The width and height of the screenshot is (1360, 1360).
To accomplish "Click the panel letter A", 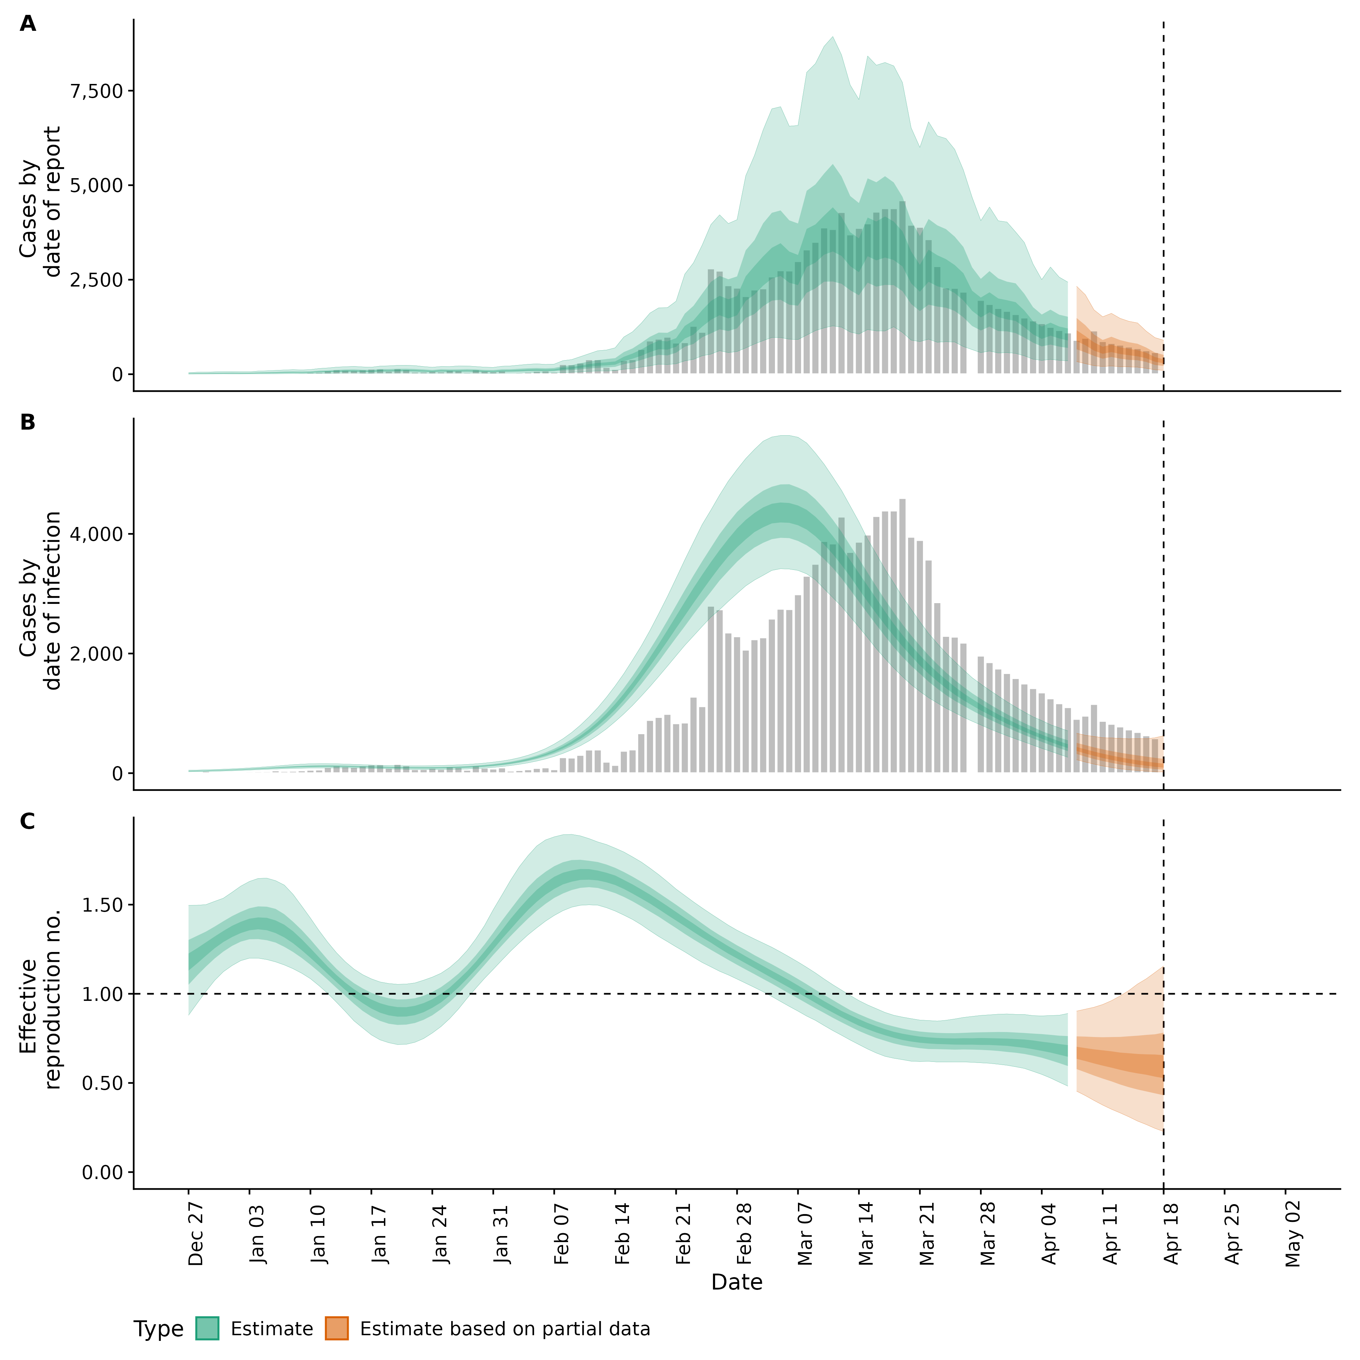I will coord(28,24).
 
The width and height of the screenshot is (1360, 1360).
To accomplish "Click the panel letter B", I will coord(28,423).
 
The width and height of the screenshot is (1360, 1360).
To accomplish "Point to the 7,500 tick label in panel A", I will coord(98,91).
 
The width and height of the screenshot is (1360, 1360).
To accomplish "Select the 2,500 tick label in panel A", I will coord(98,280).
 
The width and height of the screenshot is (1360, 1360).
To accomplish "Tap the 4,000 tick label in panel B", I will coord(98,534).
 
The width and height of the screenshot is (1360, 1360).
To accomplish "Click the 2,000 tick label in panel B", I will coord(98,654).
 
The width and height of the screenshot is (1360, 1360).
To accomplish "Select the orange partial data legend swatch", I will coord(336,1328).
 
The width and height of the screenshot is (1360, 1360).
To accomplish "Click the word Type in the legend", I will coord(158,1329).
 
